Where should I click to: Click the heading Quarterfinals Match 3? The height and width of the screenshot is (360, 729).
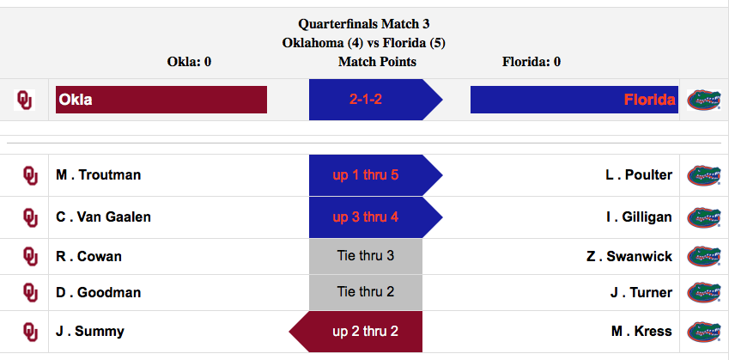(363, 24)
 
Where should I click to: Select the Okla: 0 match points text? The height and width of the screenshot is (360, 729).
(189, 62)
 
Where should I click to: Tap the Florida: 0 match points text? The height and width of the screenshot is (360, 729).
(532, 62)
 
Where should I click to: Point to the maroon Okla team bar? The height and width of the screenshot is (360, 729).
(161, 100)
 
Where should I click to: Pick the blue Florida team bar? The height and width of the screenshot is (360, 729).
(574, 100)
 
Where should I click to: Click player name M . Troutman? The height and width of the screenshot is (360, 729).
(99, 175)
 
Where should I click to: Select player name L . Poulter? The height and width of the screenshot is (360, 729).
(639, 175)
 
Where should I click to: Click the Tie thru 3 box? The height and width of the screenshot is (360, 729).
(366, 256)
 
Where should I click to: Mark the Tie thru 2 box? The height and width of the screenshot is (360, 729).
(366, 292)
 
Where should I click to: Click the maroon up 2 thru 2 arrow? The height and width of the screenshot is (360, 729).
(355, 332)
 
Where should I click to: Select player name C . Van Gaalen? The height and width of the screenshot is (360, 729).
(103, 217)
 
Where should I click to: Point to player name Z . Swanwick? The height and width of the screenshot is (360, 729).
(629, 256)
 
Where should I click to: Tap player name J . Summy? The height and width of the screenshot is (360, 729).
(90, 332)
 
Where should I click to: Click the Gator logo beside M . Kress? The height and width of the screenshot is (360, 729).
(704, 332)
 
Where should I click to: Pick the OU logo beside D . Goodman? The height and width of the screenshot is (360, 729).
(30, 293)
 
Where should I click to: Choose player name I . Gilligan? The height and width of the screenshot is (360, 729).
(639, 217)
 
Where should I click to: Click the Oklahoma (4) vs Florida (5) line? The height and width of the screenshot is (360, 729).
(363, 43)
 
